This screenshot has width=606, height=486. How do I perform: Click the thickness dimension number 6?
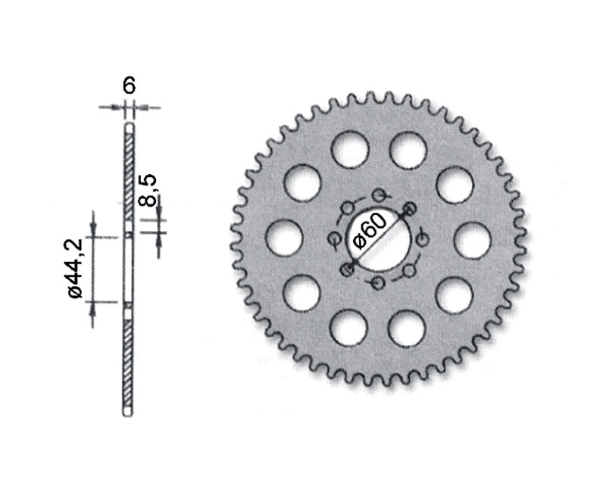129,86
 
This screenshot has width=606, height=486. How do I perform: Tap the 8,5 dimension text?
148,190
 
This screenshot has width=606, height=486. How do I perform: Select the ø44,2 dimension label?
75,268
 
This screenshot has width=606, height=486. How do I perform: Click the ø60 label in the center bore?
370,231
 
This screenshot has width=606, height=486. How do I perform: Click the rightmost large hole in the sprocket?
473,240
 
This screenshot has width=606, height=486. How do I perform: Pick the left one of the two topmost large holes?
350,149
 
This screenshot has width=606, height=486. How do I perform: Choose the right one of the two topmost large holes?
408,149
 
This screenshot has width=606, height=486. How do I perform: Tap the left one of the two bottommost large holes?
349,329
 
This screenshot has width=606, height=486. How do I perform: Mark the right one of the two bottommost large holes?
407,329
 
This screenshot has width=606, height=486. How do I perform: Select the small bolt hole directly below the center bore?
378,282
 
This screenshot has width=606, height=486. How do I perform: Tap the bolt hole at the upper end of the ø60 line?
410,207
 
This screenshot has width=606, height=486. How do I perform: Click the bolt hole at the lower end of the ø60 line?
347,269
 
